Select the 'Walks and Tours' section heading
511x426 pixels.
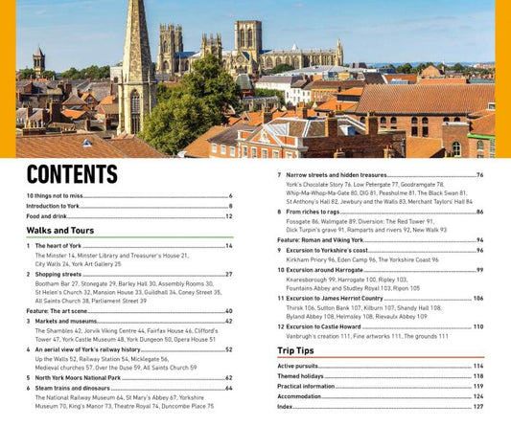coord(59,230)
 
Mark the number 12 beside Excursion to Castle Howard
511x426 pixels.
coord(280,326)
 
